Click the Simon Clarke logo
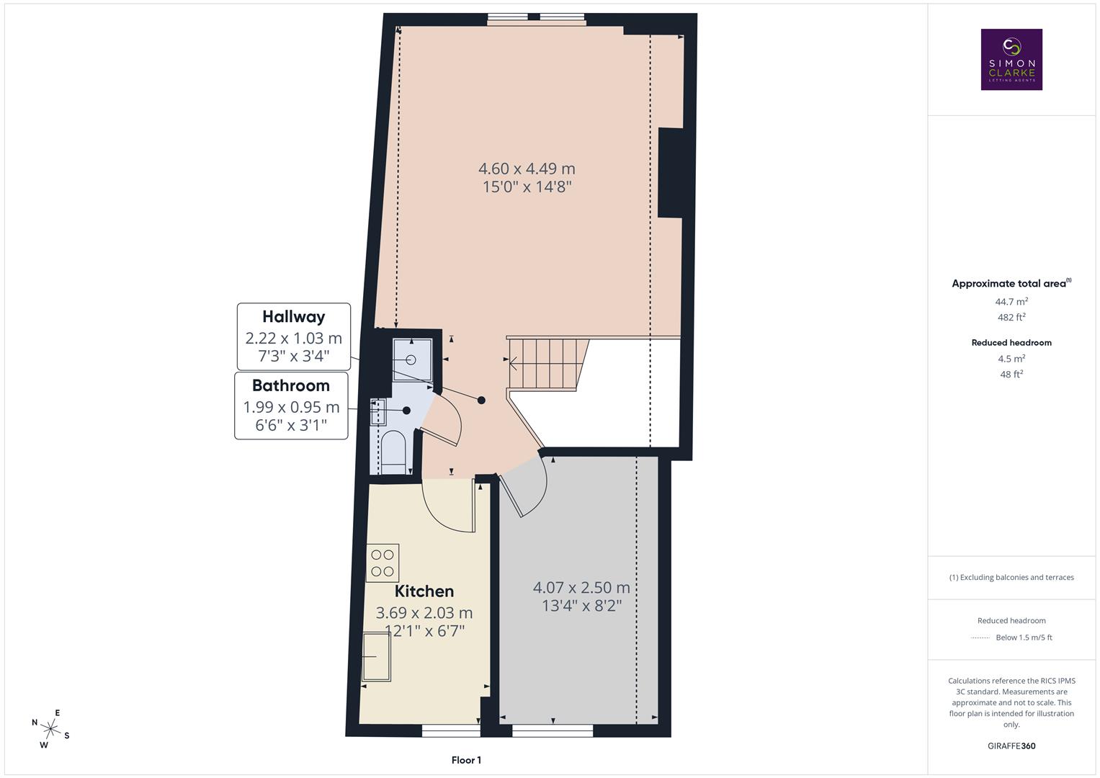pyautogui.click(x=1011, y=60)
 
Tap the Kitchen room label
pyautogui.click(x=424, y=591)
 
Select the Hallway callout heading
pyautogui.click(x=293, y=317)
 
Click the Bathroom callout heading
pyautogui.click(x=291, y=385)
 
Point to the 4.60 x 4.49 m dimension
pyautogui.click(x=527, y=169)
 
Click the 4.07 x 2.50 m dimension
pyautogui.click(x=581, y=588)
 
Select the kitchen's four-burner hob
pyautogui.click(x=383, y=563)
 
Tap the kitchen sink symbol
pyautogui.click(x=376, y=656)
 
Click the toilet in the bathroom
pyautogui.click(x=393, y=450)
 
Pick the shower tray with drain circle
pyautogui.click(x=411, y=359)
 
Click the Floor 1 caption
pyautogui.click(x=466, y=760)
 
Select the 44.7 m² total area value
pyautogui.click(x=1011, y=302)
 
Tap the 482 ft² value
pyautogui.click(x=1011, y=318)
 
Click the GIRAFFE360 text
pyautogui.click(x=1011, y=746)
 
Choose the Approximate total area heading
pyautogui.click(x=1010, y=284)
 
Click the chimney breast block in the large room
pyautogui.click(x=671, y=173)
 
